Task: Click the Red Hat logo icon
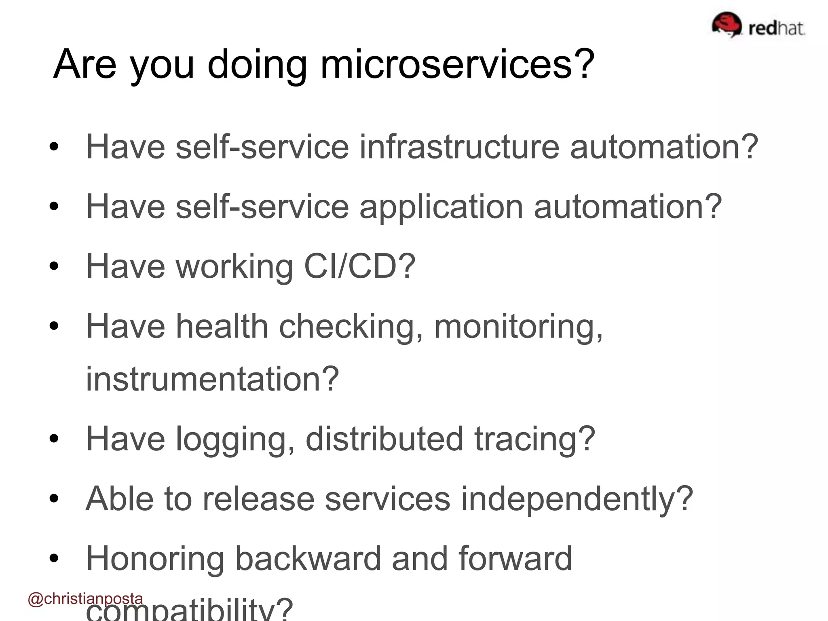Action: (727, 25)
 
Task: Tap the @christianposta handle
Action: (85, 599)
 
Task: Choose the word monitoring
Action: (518, 326)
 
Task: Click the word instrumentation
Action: (212, 378)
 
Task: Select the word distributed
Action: (384, 438)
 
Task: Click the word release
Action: (258, 498)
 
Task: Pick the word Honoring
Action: (155, 559)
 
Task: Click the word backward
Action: (308, 558)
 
